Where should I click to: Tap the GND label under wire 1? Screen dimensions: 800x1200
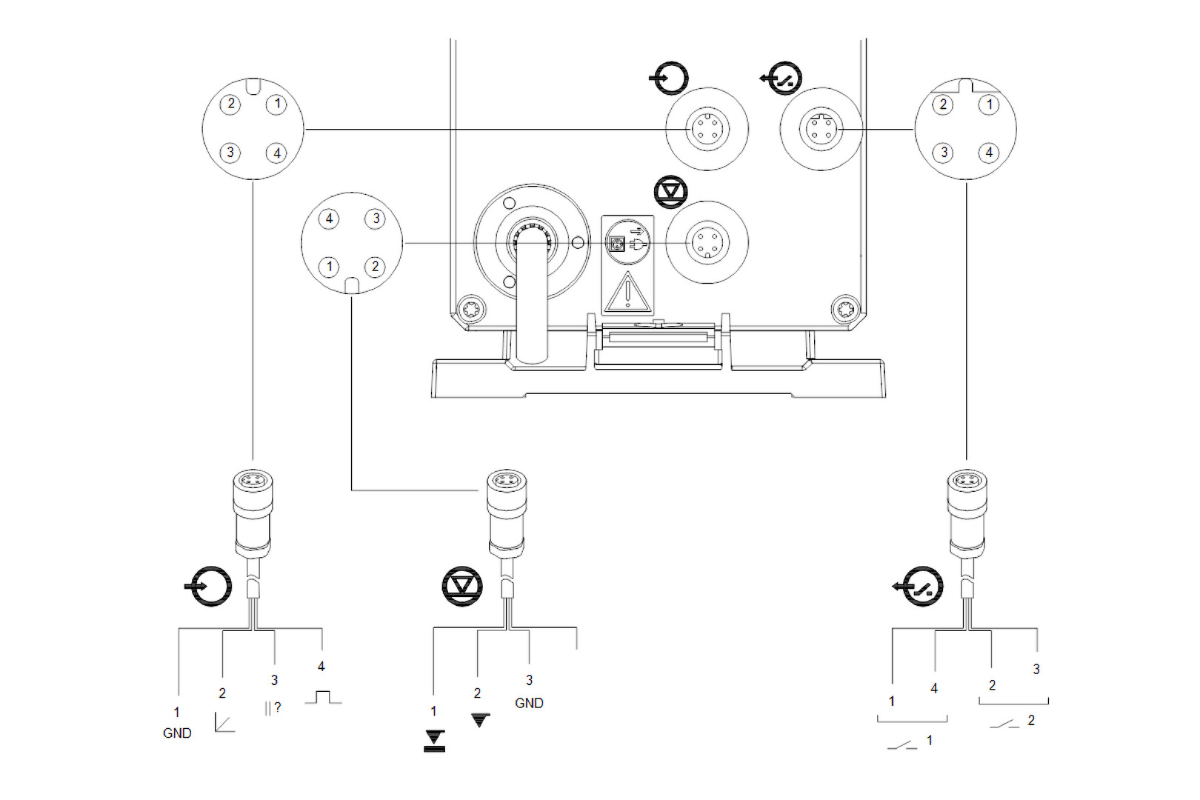177,733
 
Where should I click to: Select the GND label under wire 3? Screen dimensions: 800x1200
529,703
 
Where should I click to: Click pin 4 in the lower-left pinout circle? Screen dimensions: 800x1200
329,219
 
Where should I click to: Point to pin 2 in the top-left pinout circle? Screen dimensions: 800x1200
230,104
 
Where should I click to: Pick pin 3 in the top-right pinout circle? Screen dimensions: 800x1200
943,153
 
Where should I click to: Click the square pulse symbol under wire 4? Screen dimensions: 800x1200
323,697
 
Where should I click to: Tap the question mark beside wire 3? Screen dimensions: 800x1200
278,707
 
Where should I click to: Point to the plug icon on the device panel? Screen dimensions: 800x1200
636,242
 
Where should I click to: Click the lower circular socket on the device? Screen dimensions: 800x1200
707,242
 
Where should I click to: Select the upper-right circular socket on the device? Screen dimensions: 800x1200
821,130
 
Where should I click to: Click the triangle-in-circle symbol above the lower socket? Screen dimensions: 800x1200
671,192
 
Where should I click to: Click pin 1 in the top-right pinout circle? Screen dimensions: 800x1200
990,104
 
